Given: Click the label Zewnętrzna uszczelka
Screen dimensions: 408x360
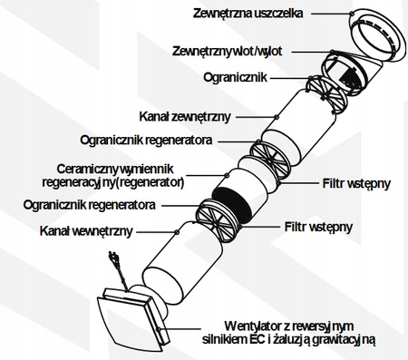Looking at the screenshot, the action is (248, 14).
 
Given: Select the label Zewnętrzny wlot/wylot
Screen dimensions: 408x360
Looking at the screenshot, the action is (227, 51).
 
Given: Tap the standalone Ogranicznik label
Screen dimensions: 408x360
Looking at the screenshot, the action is (235, 77).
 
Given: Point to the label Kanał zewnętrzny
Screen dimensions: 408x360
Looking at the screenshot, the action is (185, 117).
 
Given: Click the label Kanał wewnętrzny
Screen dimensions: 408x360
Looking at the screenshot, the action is (86, 231).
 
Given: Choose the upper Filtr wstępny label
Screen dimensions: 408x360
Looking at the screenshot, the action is (356, 183).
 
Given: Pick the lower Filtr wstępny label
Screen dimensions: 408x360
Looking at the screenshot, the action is (318, 227).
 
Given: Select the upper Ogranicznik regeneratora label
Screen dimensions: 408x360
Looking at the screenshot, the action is (146, 141).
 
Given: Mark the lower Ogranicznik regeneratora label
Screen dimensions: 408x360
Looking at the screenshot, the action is (89, 205).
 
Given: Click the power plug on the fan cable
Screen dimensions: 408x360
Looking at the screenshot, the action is (112, 256).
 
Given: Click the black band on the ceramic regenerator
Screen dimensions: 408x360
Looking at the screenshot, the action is (232, 203).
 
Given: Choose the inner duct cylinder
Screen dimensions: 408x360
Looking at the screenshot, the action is (182, 264).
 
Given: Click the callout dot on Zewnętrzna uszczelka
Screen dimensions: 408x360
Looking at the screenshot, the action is (351, 14).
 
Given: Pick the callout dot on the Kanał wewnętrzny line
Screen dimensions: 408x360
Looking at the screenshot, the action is (177, 231).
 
